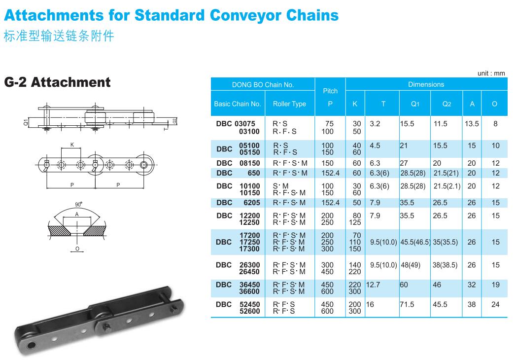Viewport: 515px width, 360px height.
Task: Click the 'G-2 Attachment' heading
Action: [57, 82]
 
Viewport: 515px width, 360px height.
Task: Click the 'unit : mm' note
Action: [491, 73]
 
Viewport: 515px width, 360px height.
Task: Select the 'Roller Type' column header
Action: [289, 104]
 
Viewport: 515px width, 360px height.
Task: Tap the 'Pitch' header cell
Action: [330, 91]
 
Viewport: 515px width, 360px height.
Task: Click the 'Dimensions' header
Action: [426, 84]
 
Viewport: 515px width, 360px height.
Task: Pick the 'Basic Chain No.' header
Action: [238, 104]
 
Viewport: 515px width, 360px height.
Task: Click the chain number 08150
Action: [249, 163]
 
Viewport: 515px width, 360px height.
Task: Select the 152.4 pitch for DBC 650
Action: [330, 173]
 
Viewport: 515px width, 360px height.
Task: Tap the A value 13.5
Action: [472, 124]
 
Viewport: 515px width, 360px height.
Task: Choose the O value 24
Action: [495, 305]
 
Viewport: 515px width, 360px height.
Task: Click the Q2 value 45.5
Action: [440, 305]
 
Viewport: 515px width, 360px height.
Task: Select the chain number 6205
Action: [251, 203]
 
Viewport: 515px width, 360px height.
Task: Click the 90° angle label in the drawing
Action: [78, 204]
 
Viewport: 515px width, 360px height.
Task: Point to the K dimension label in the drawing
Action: [72, 145]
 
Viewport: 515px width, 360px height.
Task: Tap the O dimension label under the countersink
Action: [77, 249]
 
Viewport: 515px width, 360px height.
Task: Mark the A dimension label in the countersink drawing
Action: [76, 215]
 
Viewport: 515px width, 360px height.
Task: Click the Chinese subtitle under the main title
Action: [59, 37]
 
